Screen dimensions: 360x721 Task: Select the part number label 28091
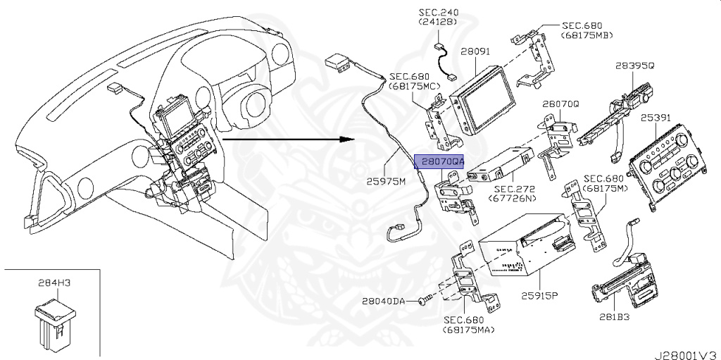(x=475, y=52)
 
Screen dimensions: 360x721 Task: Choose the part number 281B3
(x=614, y=316)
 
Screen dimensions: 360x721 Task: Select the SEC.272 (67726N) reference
(x=515, y=194)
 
